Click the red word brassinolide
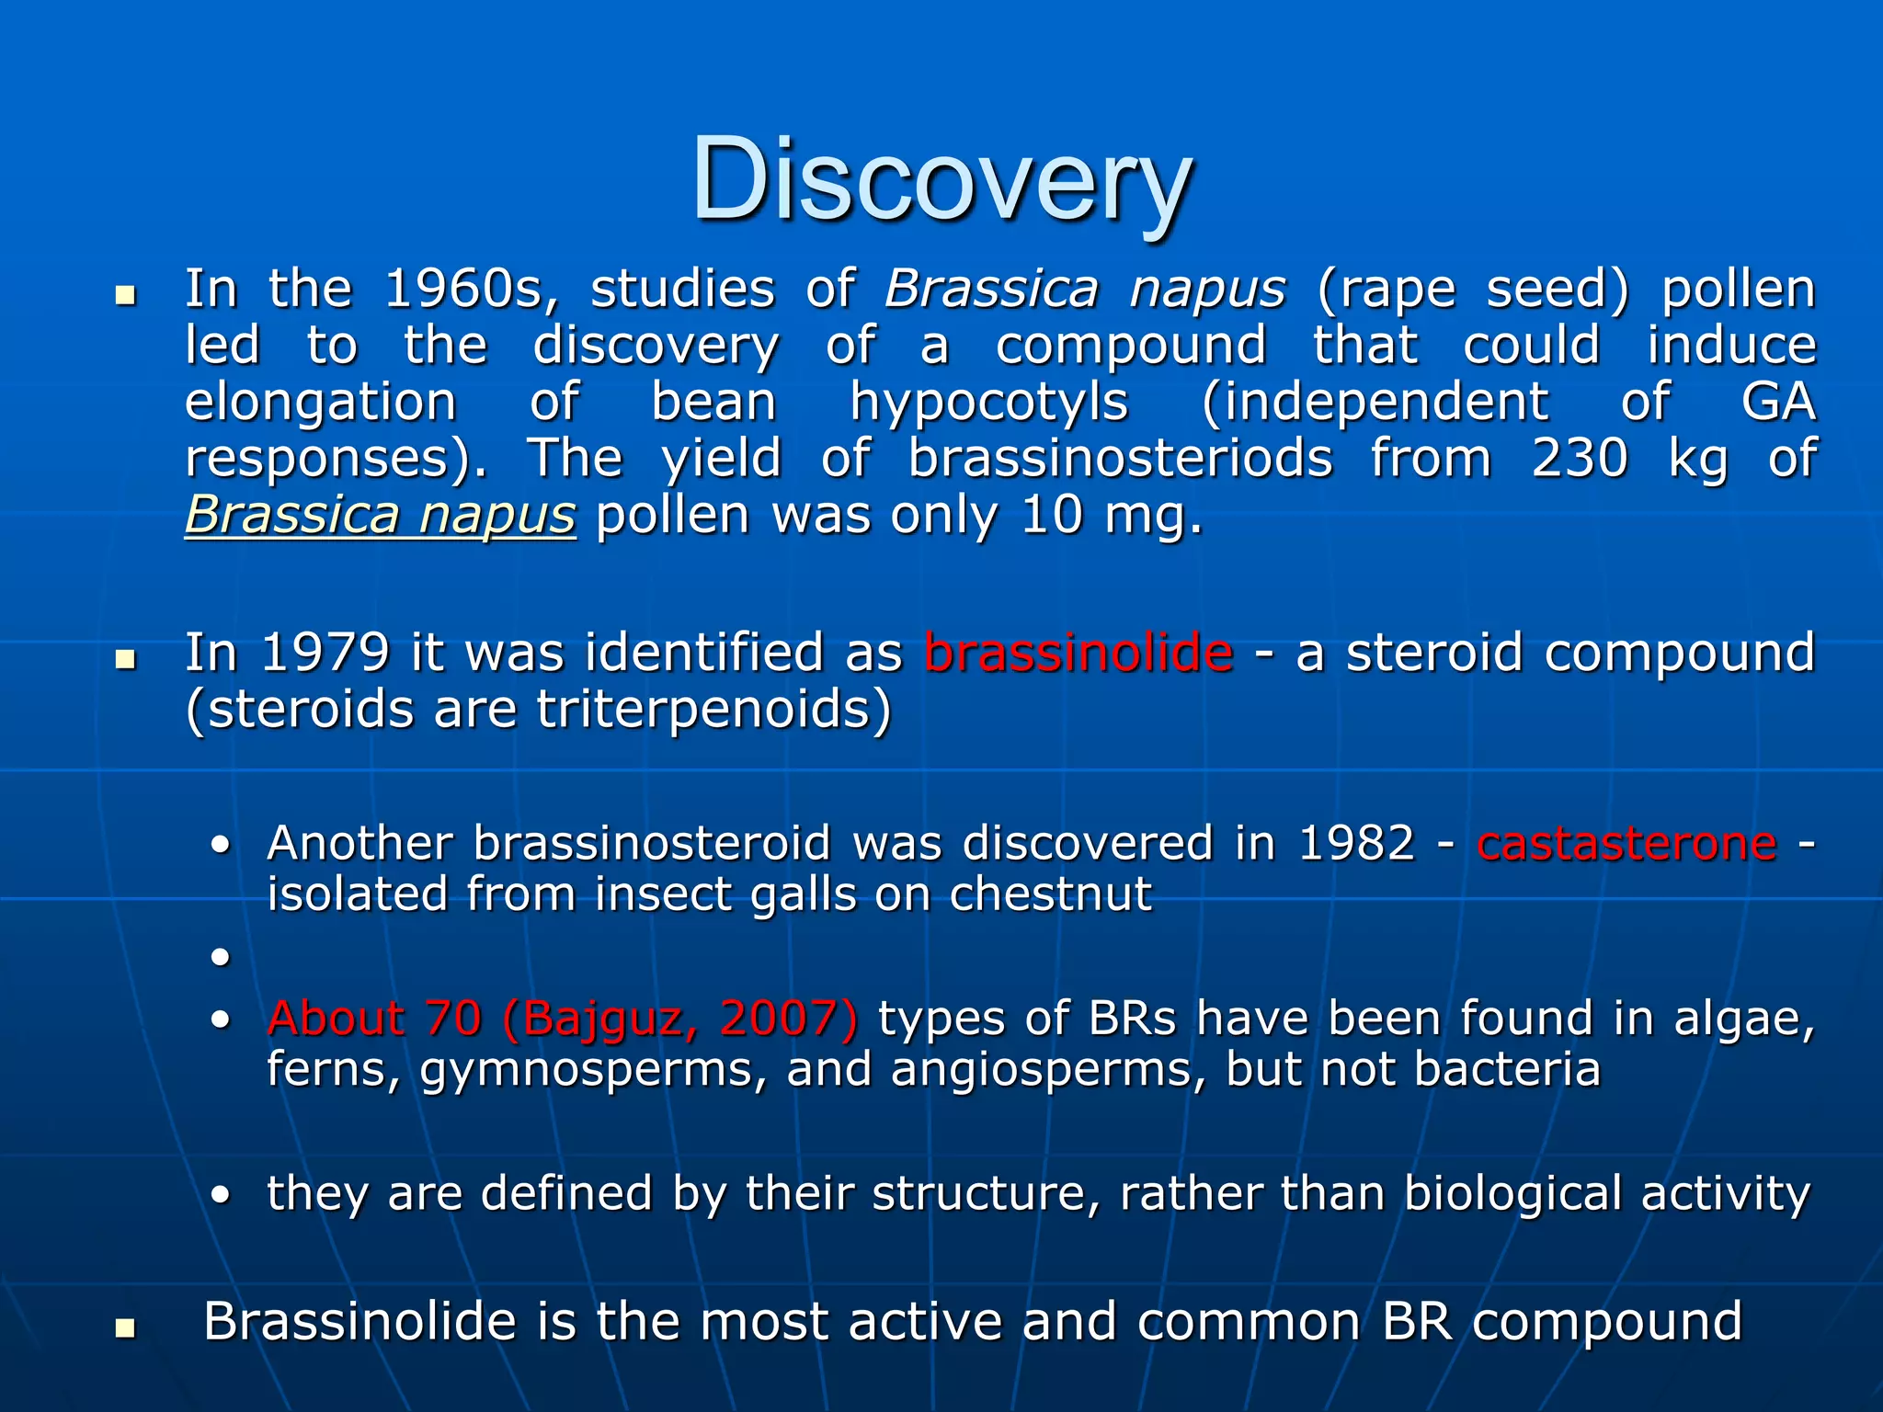[1078, 653]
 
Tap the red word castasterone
[1626, 843]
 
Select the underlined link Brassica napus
[381, 515]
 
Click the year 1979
[325, 653]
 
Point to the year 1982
[1356, 843]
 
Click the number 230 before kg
[1579, 458]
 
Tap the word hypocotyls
[988, 403]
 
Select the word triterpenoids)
[713, 710]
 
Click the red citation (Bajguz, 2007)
[680, 1019]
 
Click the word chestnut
[1050, 894]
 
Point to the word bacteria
[1507, 1070]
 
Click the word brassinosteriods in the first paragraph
[1120, 458]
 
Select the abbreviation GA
[1778, 402]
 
